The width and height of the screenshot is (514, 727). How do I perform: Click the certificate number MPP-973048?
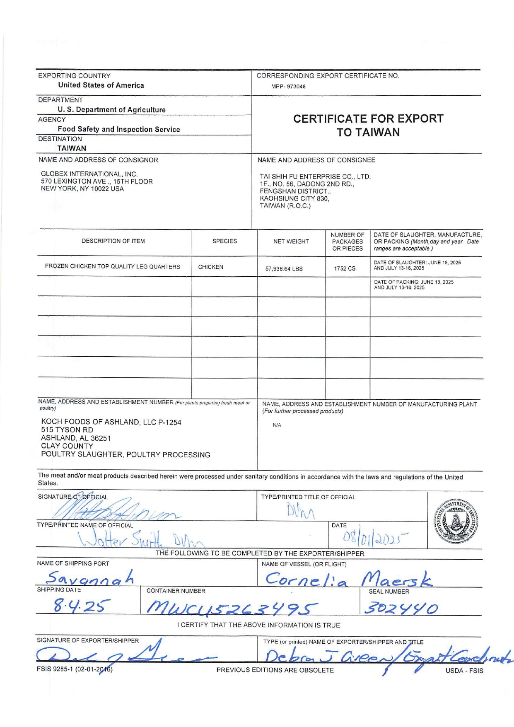tap(288, 87)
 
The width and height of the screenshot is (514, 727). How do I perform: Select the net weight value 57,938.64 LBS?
tap(284, 268)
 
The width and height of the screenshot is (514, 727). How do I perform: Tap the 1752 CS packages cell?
tap(345, 268)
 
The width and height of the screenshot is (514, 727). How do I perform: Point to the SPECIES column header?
tap(224, 241)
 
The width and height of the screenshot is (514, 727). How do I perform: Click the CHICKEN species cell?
tap(211, 267)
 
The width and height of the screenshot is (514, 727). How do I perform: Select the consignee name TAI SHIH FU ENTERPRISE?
tap(315, 176)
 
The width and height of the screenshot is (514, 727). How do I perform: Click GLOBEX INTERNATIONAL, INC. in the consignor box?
tap(89, 174)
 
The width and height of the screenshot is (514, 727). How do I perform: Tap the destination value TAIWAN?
tap(72, 148)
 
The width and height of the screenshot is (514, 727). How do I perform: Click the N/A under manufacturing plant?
tap(277, 425)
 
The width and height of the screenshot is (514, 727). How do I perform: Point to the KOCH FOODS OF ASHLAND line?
tap(111, 422)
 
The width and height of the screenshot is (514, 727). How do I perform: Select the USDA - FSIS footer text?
tap(464, 670)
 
